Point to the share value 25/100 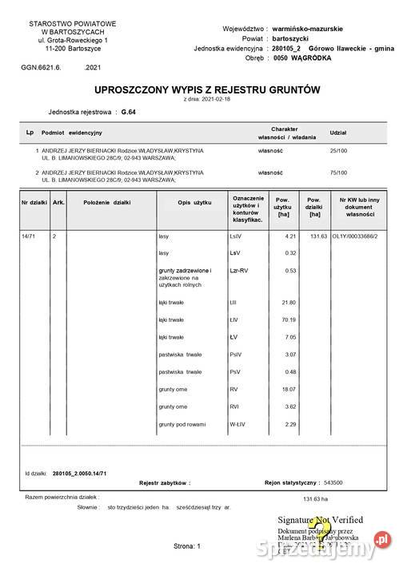tap(338, 149)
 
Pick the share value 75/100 tap(338, 172)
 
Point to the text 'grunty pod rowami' tap(182, 424)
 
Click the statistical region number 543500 tap(332, 483)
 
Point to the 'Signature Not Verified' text tap(320, 520)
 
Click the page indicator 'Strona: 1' tap(189, 546)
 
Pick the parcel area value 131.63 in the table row tap(319, 236)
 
